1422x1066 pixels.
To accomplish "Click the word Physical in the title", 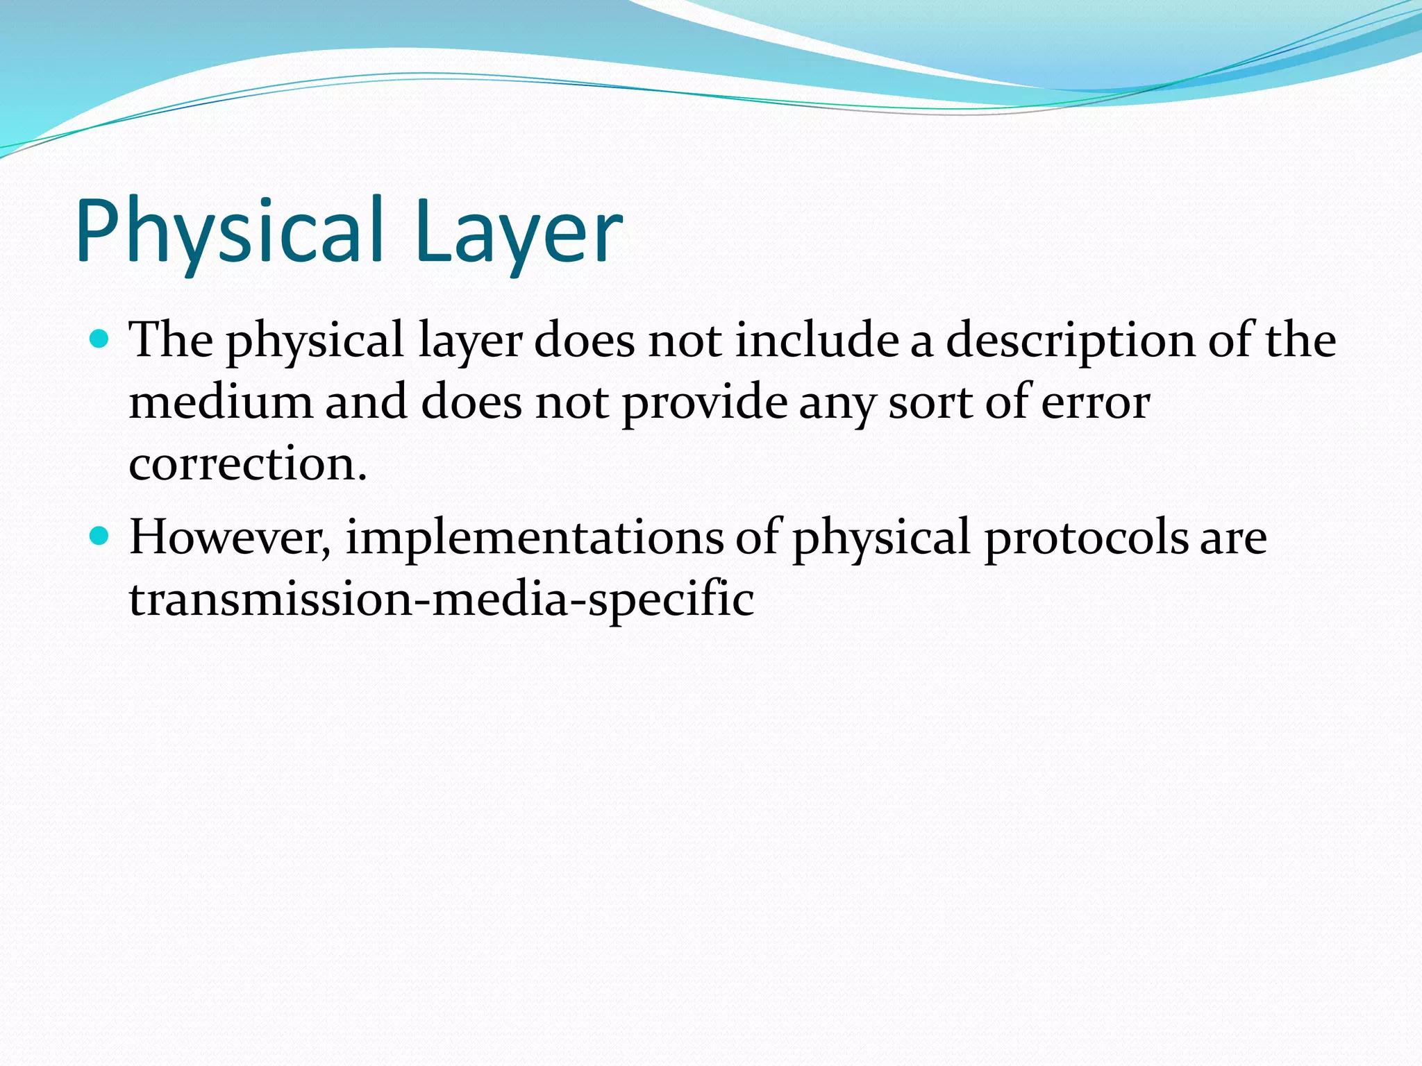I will tap(229, 231).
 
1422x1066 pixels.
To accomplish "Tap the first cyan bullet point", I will tap(100, 339).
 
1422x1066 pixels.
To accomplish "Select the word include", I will tap(817, 340).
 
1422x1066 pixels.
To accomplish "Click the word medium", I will tap(221, 402).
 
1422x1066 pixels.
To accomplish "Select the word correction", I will tap(247, 464).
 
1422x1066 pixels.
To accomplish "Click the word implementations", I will tap(534, 539).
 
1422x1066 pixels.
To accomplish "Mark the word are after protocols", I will tap(1233, 539).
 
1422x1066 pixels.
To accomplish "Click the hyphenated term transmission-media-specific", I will tap(442, 599).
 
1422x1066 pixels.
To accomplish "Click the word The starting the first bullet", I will tap(172, 340).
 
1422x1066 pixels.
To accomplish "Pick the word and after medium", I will tap(366, 402).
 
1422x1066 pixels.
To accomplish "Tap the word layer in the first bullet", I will tap(471, 341).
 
